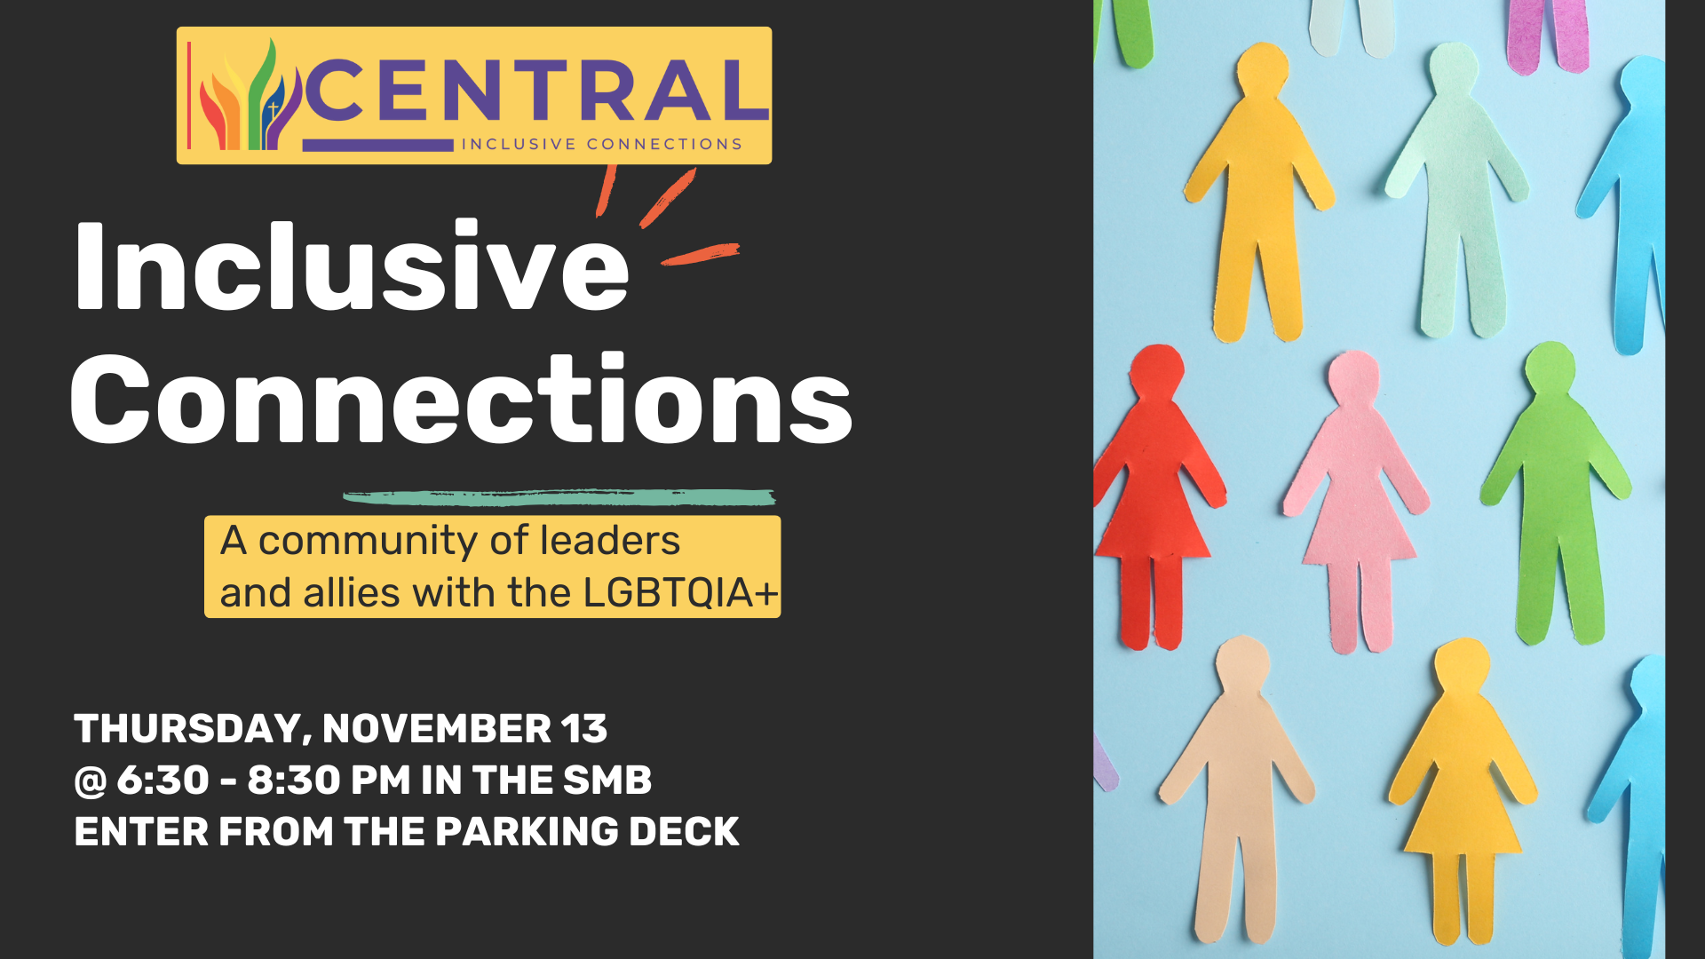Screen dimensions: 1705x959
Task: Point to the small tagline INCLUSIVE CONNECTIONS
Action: point(601,144)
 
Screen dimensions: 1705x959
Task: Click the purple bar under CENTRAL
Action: point(378,145)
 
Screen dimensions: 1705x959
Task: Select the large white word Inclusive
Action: point(353,265)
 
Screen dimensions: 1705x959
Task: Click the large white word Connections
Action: point(461,398)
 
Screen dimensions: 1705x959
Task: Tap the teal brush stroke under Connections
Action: point(559,497)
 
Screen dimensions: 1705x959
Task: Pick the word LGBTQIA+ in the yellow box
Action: point(680,592)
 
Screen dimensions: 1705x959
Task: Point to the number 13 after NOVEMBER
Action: point(584,729)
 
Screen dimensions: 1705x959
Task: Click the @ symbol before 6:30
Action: point(91,781)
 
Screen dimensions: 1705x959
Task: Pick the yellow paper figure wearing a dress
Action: point(1461,790)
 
